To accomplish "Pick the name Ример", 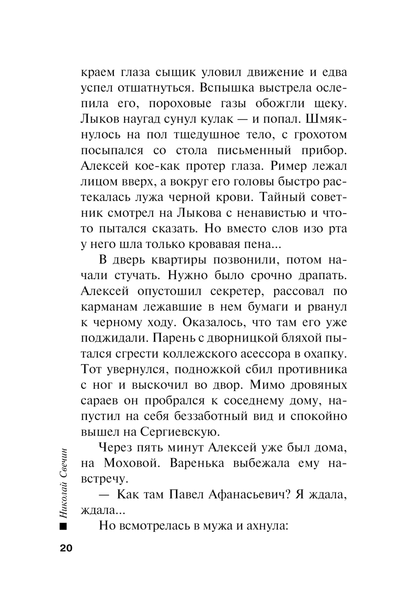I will [288, 166].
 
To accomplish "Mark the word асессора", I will [266, 353].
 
